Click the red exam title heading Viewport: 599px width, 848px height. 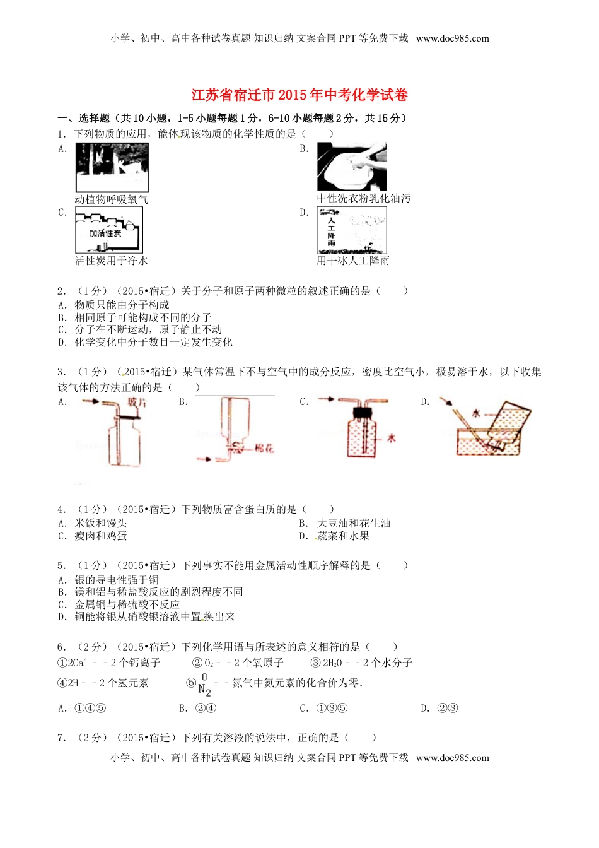[299, 95]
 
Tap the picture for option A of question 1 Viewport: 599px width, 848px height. [112, 167]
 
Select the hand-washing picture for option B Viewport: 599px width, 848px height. [352, 167]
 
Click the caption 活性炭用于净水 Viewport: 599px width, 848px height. [111, 261]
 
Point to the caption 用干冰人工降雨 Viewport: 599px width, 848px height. [353, 261]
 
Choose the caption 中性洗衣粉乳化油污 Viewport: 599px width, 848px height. [363, 198]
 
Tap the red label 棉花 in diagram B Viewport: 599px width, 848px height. [264, 449]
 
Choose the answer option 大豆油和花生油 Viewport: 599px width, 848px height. [353, 523]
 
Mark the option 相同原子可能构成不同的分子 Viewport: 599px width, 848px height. [143, 317]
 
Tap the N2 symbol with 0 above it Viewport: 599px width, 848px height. [204, 685]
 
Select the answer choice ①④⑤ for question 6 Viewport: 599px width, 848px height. [90, 708]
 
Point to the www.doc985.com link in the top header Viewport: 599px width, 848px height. [452, 38]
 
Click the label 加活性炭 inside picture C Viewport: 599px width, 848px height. [105, 233]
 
